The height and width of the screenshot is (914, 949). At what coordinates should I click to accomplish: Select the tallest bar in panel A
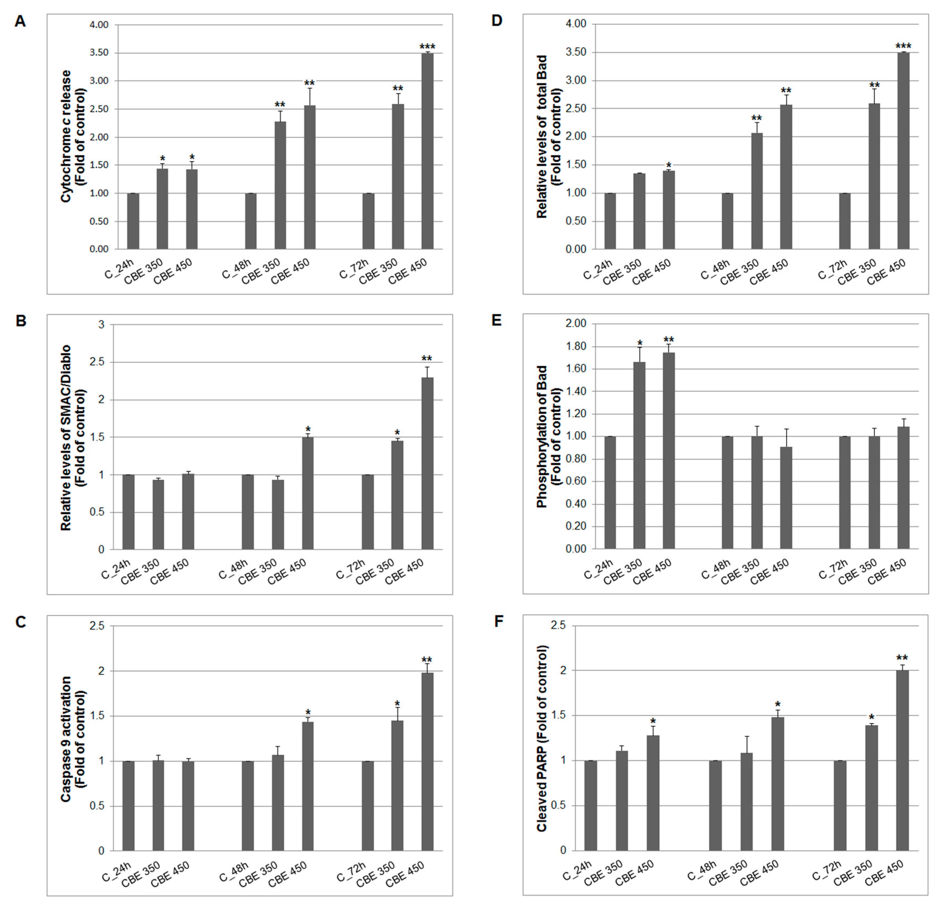[x=427, y=151]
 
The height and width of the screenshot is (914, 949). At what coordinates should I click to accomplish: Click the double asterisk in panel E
[x=669, y=340]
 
